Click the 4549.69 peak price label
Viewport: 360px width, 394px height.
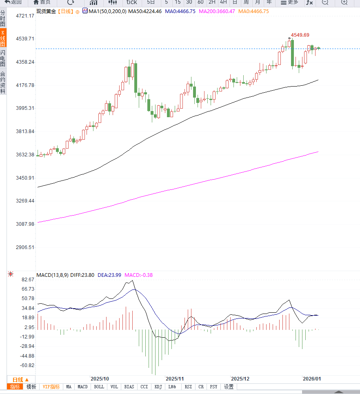point(300,35)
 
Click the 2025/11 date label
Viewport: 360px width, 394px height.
point(175,378)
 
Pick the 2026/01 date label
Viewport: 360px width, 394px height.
point(312,378)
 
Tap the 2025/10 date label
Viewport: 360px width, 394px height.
point(100,378)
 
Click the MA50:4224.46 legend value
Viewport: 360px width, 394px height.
point(145,11)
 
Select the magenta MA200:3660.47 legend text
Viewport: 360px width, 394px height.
point(217,11)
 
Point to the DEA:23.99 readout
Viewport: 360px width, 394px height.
point(109,275)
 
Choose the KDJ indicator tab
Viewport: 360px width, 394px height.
point(158,387)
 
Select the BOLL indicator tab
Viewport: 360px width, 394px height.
point(99,387)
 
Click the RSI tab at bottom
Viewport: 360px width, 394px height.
point(188,387)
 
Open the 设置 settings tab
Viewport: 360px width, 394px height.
point(229,387)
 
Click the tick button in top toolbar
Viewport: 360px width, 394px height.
point(131,2)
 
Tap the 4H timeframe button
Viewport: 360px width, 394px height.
point(223,2)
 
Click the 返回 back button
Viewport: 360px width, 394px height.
point(13,2)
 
